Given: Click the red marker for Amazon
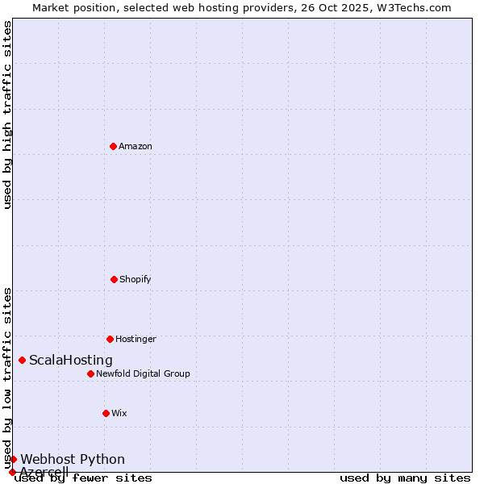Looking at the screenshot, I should tap(113, 146).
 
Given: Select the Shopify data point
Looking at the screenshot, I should tap(114, 279).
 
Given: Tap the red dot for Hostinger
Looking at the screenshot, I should tap(110, 339).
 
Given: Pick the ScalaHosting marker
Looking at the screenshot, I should tap(22, 360).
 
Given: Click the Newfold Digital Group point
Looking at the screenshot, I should tap(90, 373).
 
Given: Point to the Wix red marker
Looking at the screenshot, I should tap(106, 413).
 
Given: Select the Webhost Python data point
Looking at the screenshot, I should tap(13, 459).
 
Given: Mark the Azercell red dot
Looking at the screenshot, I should tap(12, 472).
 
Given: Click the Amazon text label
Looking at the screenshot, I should tap(136, 146).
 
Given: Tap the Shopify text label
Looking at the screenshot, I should tap(136, 279).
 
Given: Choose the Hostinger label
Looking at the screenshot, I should tap(136, 339).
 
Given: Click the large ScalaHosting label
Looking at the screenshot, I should tap(71, 361).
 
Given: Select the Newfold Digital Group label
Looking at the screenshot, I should tap(143, 373).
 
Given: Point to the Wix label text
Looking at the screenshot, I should tap(119, 413).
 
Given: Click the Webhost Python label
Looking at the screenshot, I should tap(73, 460).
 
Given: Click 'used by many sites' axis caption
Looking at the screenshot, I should tap(405, 478).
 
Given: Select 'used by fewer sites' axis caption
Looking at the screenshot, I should tap(83, 478).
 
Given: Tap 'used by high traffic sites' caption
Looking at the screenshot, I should tap(7, 115).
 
